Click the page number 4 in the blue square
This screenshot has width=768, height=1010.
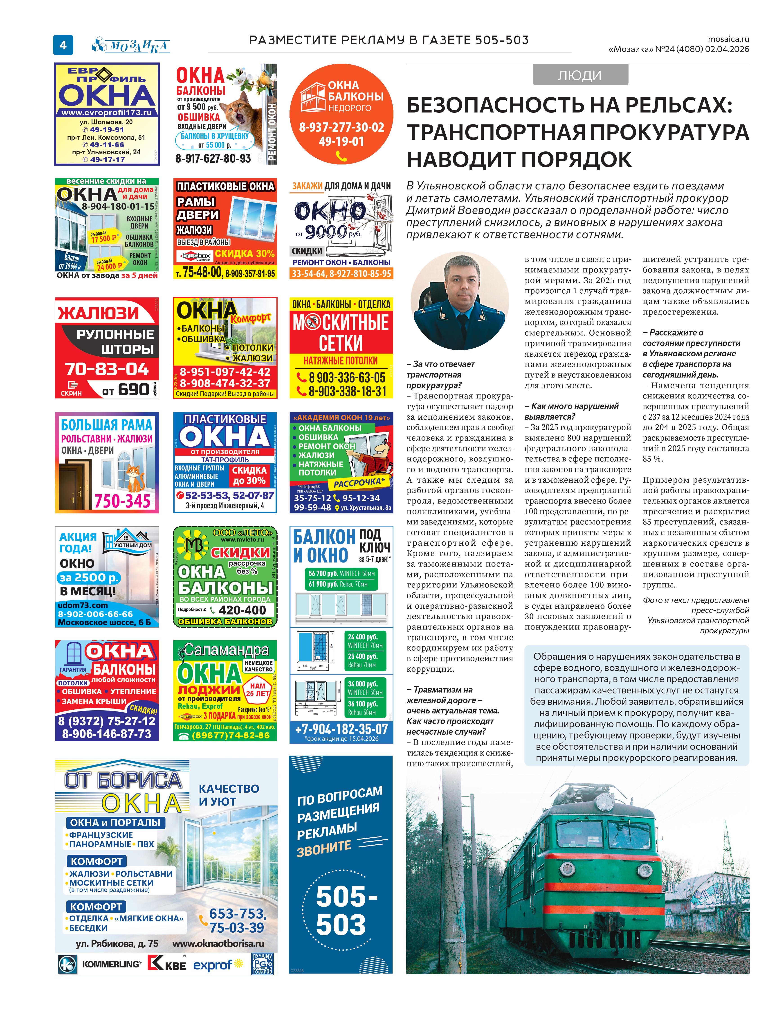[x=63, y=45]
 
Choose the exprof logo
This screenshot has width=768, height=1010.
[x=213, y=965]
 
